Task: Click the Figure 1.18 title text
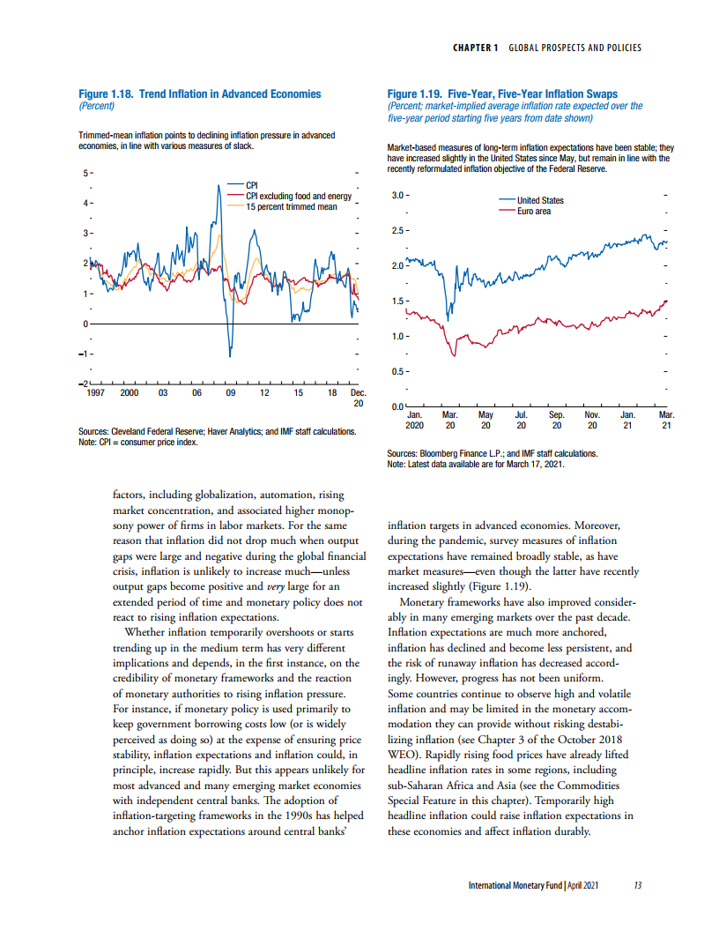coord(200,93)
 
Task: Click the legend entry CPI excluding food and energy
coord(298,196)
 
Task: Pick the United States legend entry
coord(540,200)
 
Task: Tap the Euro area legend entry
coord(533,211)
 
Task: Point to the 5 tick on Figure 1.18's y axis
coord(85,173)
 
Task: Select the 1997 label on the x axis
coord(95,393)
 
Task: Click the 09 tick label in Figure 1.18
coord(231,393)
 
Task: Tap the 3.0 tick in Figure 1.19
coord(397,194)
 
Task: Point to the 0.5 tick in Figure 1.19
coord(397,371)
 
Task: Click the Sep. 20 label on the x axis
coord(557,419)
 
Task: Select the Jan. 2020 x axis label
coord(414,419)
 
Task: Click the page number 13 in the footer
coord(637,886)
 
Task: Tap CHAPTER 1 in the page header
coord(476,47)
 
